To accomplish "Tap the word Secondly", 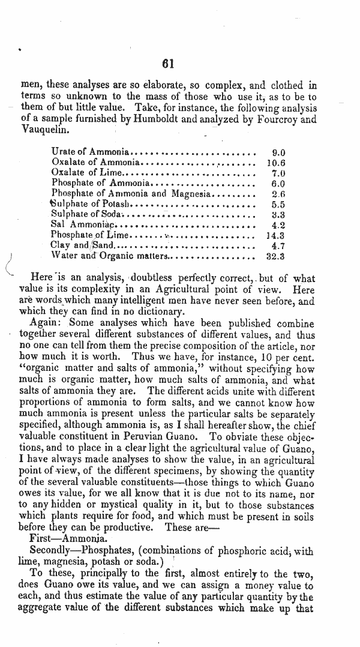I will (52, 550).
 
